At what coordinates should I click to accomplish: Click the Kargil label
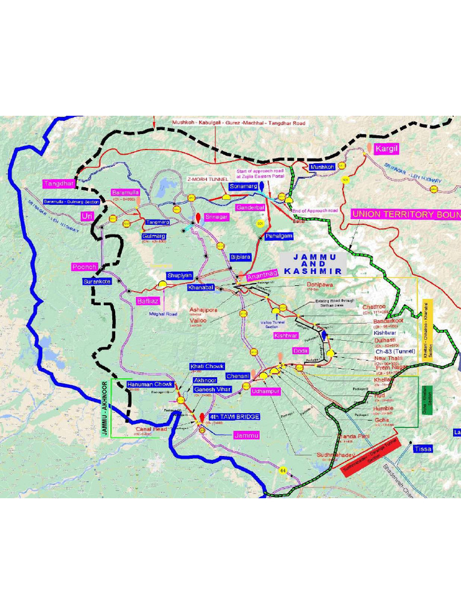387,148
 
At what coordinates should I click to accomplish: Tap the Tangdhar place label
59,183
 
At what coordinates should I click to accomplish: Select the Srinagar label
216,217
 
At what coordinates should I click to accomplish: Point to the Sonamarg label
243,187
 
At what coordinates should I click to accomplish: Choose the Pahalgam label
279,236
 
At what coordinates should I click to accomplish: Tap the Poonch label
84,266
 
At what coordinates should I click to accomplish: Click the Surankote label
97,281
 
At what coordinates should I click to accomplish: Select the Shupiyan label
179,275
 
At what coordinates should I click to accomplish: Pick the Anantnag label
262,275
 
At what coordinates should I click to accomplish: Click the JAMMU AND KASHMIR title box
313,264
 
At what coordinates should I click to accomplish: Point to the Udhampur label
265,391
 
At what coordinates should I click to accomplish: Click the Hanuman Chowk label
149,384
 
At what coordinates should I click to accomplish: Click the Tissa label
423,449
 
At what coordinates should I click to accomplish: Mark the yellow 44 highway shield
282,471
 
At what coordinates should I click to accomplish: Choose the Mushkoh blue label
322,167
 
